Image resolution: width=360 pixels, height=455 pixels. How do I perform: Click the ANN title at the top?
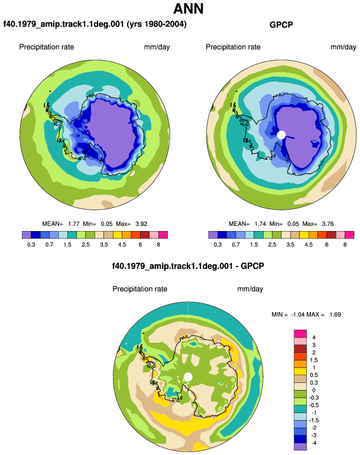[188, 8]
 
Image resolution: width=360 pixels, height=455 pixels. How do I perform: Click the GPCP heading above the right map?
[281, 25]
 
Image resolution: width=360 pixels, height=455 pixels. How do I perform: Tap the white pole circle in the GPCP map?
[281, 135]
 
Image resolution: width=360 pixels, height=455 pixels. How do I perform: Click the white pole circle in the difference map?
[188, 377]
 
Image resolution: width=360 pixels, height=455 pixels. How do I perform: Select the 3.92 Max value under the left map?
[141, 224]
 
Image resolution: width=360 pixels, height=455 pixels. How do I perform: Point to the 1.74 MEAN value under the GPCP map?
[260, 224]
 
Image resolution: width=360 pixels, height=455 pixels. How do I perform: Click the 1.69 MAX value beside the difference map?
[335, 314]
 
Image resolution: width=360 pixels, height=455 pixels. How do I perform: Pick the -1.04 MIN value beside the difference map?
[297, 314]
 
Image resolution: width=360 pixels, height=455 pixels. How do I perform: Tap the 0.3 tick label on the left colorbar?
[31, 245]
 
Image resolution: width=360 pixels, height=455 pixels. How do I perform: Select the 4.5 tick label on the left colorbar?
[122, 245]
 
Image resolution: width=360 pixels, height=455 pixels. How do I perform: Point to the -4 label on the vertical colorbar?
[313, 443]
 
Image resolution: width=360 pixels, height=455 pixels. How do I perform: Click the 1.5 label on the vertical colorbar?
[314, 360]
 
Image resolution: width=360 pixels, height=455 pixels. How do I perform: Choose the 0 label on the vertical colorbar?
[314, 390]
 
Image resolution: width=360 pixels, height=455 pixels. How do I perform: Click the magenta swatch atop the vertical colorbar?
[300, 333]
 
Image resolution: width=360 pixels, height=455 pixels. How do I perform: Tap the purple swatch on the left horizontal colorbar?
[27, 235]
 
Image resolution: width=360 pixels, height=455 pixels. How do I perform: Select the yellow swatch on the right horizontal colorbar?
[304, 235]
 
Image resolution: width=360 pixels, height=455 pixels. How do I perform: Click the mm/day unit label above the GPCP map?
[343, 47]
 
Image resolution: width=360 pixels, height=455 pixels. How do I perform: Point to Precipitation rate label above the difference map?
[140, 289]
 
